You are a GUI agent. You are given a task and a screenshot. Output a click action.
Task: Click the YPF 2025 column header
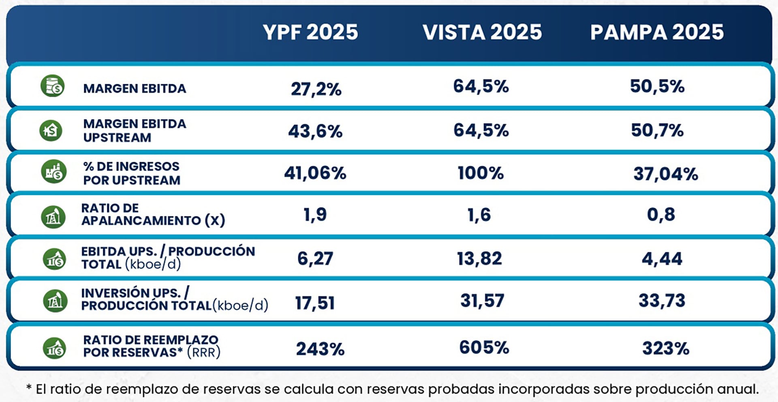(x=310, y=32)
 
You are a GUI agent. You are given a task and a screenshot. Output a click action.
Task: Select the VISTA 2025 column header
(x=482, y=32)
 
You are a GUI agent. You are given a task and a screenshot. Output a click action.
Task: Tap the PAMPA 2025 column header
(x=657, y=32)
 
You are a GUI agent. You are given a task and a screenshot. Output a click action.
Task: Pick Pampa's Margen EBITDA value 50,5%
(x=657, y=86)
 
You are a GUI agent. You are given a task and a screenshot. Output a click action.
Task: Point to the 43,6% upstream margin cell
(x=315, y=131)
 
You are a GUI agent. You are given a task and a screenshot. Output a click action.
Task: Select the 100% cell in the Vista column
(x=481, y=173)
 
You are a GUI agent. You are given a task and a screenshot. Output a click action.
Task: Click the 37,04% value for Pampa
(x=666, y=174)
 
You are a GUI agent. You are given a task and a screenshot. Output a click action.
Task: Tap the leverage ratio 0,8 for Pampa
(x=661, y=214)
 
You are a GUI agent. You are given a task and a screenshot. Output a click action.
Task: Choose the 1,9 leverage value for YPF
(x=315, y=214)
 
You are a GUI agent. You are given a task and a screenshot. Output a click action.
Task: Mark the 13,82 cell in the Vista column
(x=479, y=259)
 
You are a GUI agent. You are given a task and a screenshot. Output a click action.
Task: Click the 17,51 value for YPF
(x=315, y=303)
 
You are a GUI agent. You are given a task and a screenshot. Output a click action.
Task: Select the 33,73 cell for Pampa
(x=662, y=301)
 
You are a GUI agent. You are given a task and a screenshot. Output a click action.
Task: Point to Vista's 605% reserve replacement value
(x=484, y=348)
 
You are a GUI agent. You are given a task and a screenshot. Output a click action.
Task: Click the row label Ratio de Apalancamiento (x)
(x=153, y=214)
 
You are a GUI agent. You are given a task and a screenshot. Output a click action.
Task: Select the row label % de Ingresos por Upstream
(x=131, y=173)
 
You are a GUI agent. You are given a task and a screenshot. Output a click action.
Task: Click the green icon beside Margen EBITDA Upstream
(x=51, y=130)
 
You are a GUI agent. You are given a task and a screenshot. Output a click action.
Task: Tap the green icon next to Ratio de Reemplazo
(x=54, y=348)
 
